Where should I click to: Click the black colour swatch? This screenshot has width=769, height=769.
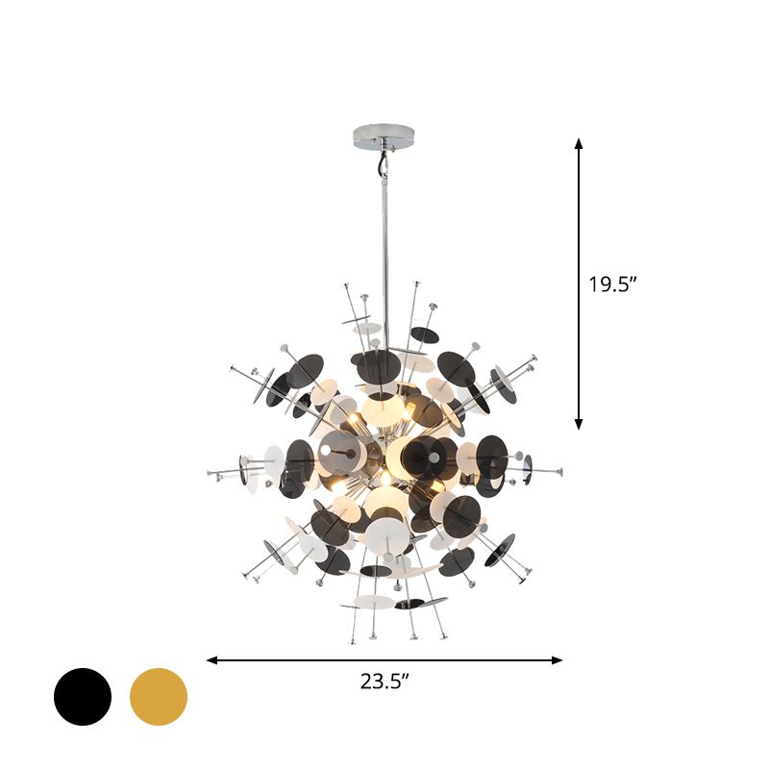[x=83, y=697]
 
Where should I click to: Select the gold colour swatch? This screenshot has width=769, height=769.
[x=159, y=697]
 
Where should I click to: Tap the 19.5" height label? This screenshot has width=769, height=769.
[x=613, y=284]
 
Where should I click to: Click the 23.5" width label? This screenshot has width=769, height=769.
[x=385, y=682]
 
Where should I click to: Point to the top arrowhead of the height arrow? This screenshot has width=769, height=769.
[x=579, y=143]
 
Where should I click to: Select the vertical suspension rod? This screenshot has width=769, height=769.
[x=381, y=240]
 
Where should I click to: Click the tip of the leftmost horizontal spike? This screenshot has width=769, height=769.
[x=210, y=473]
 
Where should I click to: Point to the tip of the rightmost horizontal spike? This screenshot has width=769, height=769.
[x=560, y=471]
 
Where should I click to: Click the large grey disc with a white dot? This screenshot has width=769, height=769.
[x=338, y=450]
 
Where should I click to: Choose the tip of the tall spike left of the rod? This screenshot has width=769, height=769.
[x=346, y=285]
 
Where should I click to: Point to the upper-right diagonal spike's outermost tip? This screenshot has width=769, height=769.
[x=533, y=360]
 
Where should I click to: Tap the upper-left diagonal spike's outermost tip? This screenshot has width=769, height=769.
[x=233, y=367]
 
